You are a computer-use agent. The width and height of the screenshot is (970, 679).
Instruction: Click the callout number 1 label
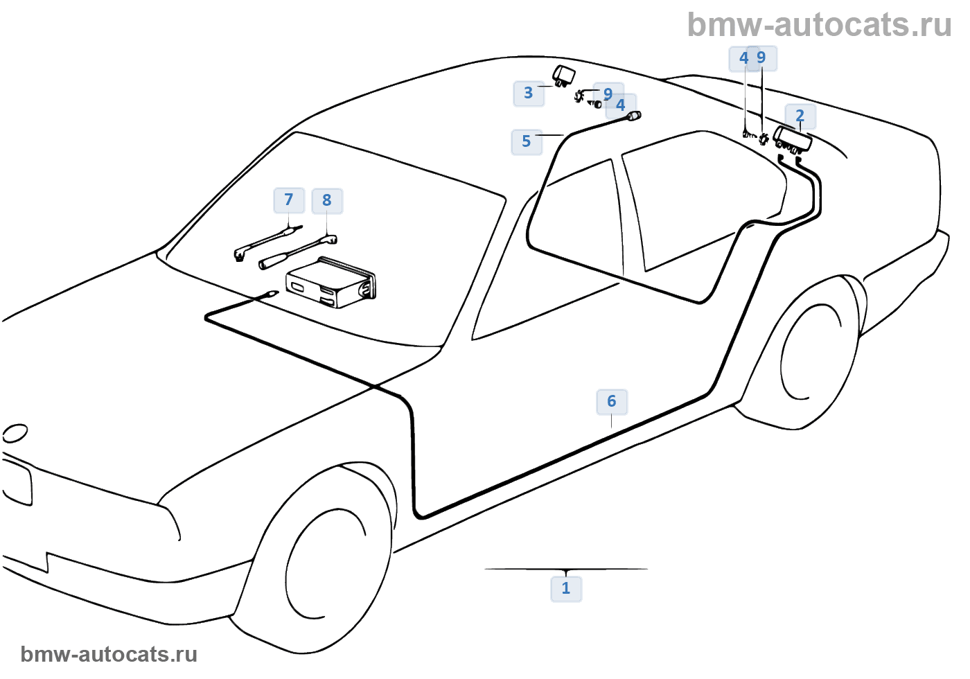pos(566,588)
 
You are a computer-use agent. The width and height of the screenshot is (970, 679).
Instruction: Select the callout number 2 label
pos(800,116)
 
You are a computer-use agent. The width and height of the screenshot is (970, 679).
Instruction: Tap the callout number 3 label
pos(529,93)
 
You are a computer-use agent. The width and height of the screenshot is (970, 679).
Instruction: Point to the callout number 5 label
pos(527,141)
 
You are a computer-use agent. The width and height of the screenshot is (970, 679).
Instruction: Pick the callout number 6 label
pos(612,401)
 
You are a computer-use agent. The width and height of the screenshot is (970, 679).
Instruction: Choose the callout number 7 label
pos(289,200)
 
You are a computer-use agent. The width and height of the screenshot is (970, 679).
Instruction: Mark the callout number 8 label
pos(327,201)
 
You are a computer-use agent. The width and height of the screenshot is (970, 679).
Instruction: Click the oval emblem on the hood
pos(15,434)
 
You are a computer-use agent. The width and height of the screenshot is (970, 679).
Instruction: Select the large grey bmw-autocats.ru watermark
pos(819,25)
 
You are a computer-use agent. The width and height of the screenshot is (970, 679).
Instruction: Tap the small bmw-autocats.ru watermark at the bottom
pos(109,654)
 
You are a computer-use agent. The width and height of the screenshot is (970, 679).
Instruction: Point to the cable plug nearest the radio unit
pos(270,294)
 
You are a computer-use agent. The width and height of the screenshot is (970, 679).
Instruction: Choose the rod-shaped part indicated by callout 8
pos(298,251)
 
